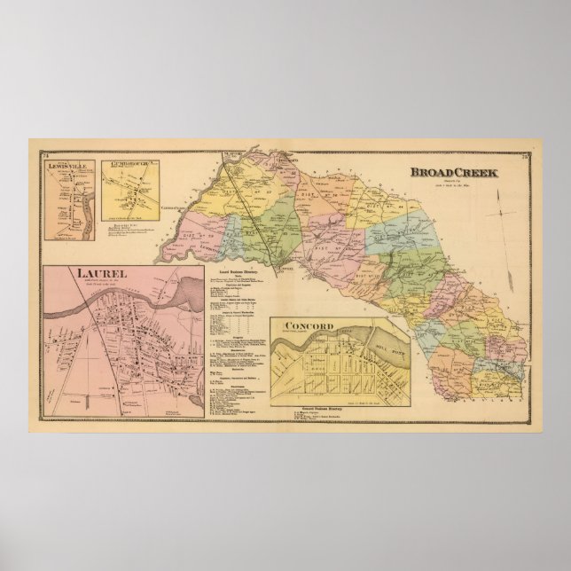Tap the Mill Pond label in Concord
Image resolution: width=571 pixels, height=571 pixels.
tap(382, 338)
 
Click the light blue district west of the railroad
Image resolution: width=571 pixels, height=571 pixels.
tap(233, 229)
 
